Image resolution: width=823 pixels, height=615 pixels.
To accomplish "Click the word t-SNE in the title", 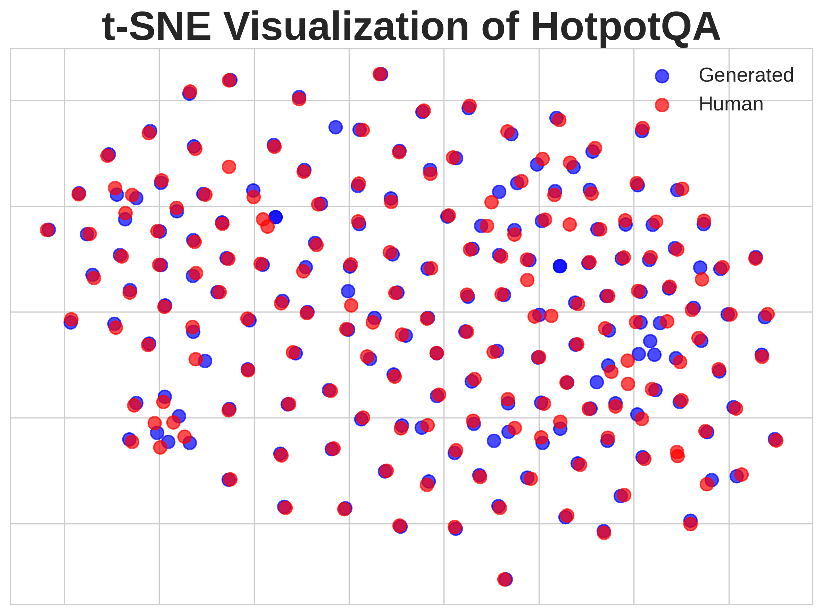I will tap(156, 27).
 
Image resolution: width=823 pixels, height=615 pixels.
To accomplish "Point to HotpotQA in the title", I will tap(625, 27).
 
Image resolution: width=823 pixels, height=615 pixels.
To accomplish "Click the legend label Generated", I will tap(746, 75).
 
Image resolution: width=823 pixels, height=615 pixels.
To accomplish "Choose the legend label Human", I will tap(731, 104).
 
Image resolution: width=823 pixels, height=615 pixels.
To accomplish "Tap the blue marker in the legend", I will tap(662, 76).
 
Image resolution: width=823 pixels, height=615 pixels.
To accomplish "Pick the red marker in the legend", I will tap(662, 105).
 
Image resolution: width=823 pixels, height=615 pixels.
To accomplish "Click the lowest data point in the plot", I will tap(505, 579).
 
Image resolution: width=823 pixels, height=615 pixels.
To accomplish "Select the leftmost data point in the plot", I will tap(48, 230).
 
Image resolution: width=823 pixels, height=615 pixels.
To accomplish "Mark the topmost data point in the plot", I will tap(380, 74).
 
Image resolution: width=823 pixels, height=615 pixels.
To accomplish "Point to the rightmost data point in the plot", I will tap(775, 439).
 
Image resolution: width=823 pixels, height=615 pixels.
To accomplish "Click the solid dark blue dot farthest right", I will tap(559, 266).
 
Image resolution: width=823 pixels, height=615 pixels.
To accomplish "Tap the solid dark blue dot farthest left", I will tap(275, 217).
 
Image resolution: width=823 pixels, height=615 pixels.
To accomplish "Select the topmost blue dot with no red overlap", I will tap(335, 127).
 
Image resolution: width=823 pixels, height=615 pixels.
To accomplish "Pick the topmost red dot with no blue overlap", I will tap(229, 167).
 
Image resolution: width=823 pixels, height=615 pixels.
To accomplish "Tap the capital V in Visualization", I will tap(236, 27).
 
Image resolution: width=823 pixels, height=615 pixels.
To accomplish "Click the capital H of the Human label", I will tap(705, 104).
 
